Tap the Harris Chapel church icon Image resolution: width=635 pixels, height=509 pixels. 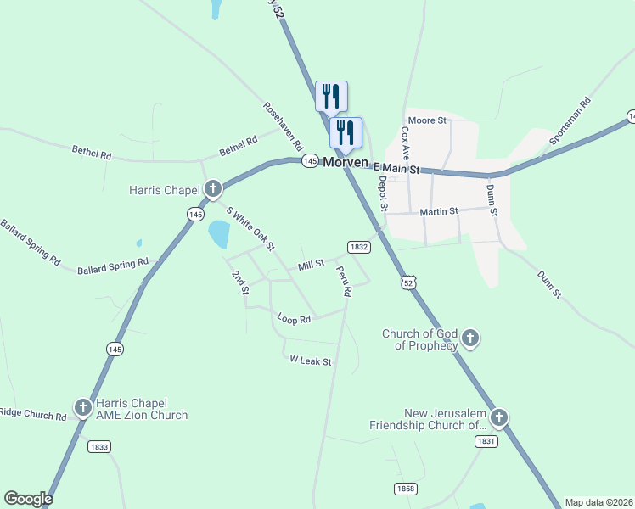[x=212, y=188]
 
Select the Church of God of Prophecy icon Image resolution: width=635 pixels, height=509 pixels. [x=469, y=340]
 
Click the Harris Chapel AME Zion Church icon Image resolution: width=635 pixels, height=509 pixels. [x=83, y=409]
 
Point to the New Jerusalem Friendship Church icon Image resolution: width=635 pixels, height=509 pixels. [x=499, y=418]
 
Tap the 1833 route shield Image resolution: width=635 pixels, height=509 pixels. [x=99, y=446]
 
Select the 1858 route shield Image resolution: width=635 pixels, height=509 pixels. [x=406, y=488]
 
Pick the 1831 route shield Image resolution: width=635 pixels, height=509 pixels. [x=486, y=441]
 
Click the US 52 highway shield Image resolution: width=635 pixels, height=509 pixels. [x=409, y=283]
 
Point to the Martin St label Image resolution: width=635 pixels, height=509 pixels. [x=438, y=210]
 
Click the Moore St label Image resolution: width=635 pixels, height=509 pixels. [x=427, y=120]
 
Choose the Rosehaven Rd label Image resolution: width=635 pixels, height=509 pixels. [x=283, y=127]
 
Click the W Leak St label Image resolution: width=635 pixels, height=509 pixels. [x=310, y=361]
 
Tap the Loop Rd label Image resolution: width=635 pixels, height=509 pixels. [x=295, y=319]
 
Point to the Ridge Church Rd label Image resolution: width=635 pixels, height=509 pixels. [x=32, y=416]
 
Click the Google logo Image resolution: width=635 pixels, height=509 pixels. [x=28, y=499]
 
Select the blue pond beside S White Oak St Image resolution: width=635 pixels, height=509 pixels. [x=219, y=232]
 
